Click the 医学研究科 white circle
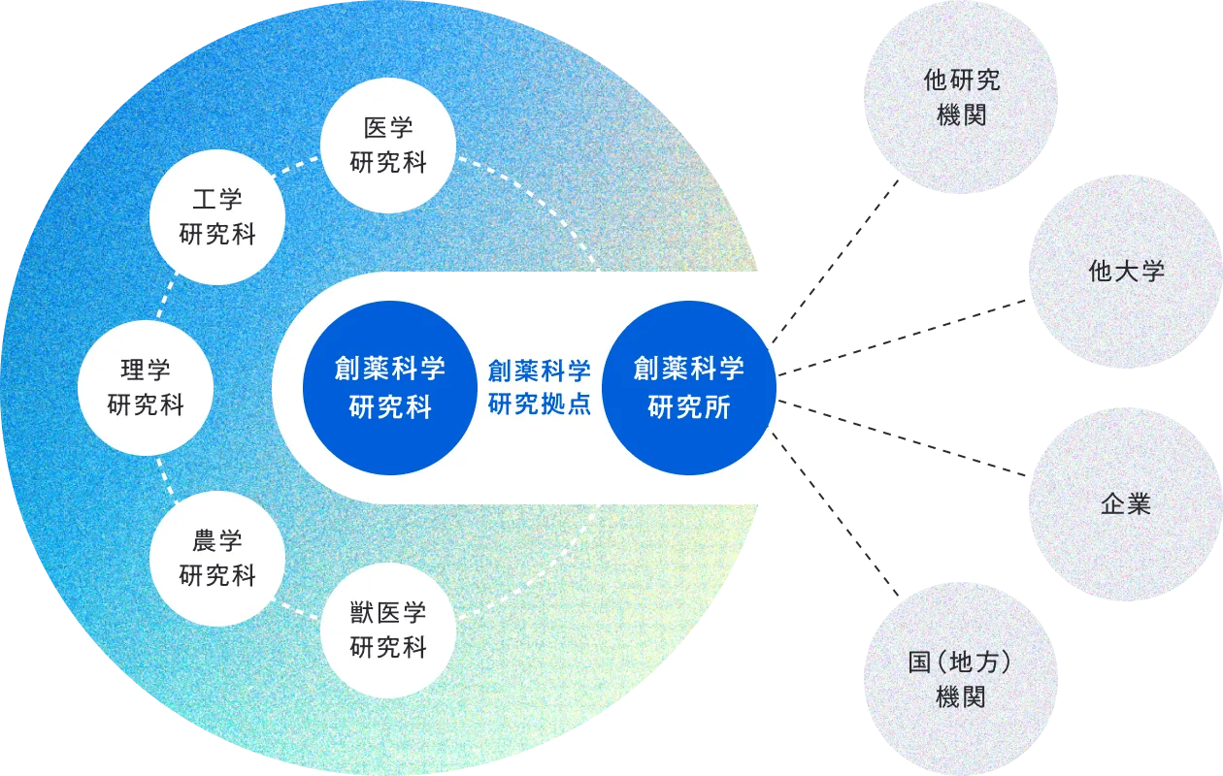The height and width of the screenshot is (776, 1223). (388, 145)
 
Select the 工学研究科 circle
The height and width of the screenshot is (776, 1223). (217, 217)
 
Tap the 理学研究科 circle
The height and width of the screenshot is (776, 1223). (146, 387)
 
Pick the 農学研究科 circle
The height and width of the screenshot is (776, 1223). (217, 558)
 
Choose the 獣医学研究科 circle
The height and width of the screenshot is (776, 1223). (388, 630)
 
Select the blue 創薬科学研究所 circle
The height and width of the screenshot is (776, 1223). (688, 387)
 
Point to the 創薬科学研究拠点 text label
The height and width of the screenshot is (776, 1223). (539, 387)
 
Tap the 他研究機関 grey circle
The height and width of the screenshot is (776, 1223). (961, 97)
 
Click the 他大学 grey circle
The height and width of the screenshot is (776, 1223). (1125, 271)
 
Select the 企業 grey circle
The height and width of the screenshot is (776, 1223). (1125, 503)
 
